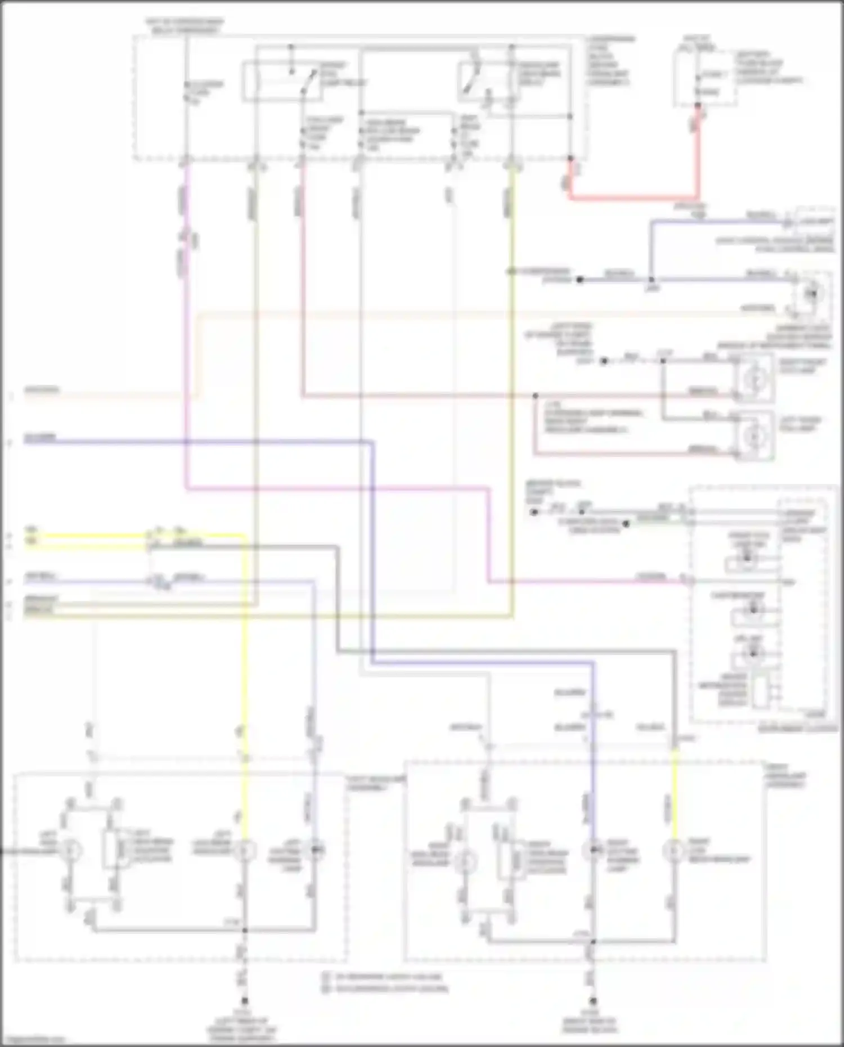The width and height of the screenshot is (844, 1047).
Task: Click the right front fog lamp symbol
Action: tap(754, 380)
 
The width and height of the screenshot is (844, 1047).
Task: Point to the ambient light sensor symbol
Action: tap(811, 293)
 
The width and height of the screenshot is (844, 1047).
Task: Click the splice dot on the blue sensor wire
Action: tap(652, 280)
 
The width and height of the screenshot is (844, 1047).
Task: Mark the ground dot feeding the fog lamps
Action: tap(604, 361)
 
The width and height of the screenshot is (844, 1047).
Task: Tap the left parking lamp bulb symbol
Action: tap(315, 851)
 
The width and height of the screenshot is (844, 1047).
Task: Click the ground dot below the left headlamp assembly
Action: tap(244, 1001)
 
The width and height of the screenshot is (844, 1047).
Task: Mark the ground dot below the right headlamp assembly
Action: tap(592, 1001)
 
